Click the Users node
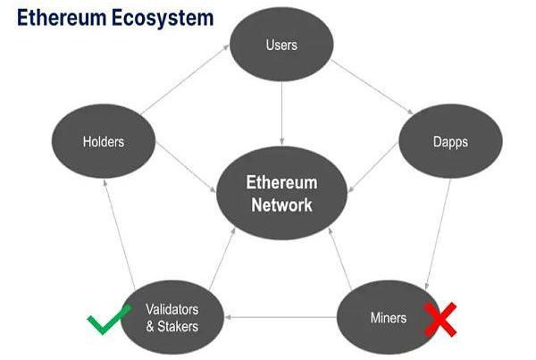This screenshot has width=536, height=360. pyautogui.click(x=281, y=45)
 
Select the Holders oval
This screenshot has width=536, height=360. pyautogui.click(x=103, y=141)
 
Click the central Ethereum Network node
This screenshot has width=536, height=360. pyautogui.click(x=281, y=194)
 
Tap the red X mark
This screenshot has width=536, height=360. pyautogui.click(x=441, y=319)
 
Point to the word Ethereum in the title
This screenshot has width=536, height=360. pyautogui.click(x=59, y=17)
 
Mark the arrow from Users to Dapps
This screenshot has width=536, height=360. pyautogui.click(x=367, y=88)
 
